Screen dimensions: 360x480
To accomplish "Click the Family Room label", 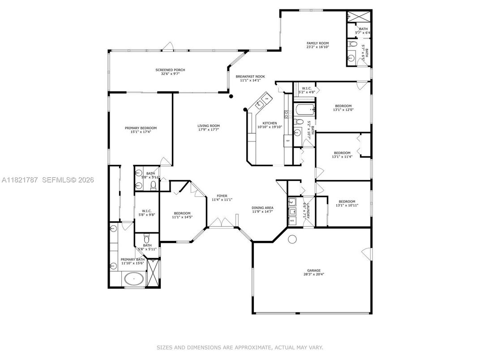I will point(317,43).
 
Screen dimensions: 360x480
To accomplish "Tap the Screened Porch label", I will point(170,70).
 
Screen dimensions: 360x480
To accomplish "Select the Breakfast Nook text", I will point(250,77).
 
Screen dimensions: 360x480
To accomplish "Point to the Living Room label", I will point(209,126).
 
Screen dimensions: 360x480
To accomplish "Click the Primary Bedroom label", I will point(141,128).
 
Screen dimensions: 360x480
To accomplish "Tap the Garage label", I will point(313,270).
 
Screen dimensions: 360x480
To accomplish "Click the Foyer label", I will point(222,196).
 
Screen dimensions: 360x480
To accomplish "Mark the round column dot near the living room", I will point(231,96).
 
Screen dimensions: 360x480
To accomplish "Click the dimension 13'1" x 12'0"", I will point(343,110).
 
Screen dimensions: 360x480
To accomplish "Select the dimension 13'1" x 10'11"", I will point(347,205).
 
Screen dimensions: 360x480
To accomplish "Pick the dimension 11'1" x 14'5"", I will point(182,217).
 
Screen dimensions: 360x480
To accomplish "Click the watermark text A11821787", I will point(20,180).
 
